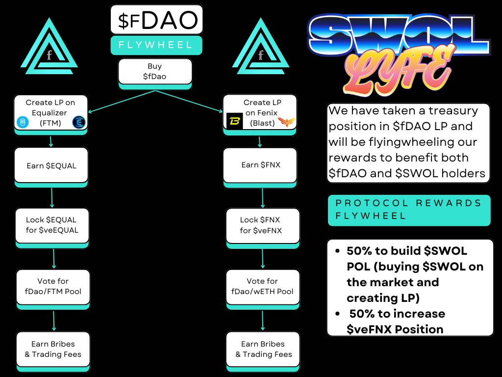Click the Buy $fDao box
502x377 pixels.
pyautogui.click(x=155, y=71)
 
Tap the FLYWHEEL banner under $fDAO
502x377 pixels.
pyautogui.click(x=156, y=45)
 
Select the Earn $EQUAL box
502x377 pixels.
pyautogui.click(x=51, y=165)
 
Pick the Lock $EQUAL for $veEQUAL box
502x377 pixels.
pyautogui.click(x=51, y=224)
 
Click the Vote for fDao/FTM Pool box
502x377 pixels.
pyautogui.click(x=53, y=286)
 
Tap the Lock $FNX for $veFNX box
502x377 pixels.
pyautogui.click(x=261, y=225)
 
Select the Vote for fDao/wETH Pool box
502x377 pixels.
pyautogui.click(x=262, y=286)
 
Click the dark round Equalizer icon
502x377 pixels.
pyautogui.click(x=78, y=122)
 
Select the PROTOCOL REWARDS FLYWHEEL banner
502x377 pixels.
pyautogui.click(x=409, y=210)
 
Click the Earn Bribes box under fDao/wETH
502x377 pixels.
pyautogui.click(x=263, y=349)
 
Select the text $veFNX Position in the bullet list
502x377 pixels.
pyautogui.click(x=395, y=329)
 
